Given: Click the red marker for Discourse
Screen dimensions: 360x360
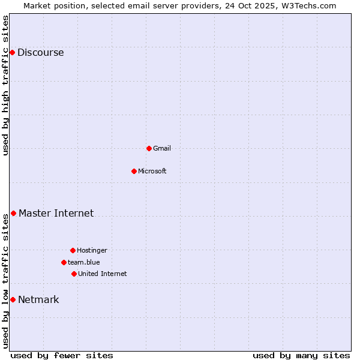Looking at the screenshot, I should pos(12,52).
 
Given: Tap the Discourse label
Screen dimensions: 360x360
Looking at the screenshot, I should pos(40,52).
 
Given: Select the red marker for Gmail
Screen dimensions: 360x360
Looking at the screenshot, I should pos(149,148).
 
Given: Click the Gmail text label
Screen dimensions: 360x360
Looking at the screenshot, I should pos(161,148).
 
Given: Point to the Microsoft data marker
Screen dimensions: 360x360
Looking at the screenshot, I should pos(134,171).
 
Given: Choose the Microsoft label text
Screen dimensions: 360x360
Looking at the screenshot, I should pos(152,171).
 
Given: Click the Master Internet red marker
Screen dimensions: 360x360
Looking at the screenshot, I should pos(13,213).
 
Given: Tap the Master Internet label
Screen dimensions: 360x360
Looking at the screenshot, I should pos(56,213).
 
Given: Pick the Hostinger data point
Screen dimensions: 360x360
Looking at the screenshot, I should pos(73,250).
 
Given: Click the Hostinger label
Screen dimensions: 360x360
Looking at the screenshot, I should pos(92,250).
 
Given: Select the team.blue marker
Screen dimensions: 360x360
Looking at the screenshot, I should pos(64,262).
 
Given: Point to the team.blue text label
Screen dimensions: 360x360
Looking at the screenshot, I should pos(83,262).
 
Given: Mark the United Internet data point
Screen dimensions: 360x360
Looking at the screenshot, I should pos(74,274).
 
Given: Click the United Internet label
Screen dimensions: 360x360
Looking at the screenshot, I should pos(102,274).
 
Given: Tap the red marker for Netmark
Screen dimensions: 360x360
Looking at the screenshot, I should pos(13,299).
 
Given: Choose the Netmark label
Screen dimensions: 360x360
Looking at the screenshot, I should pos(38,299).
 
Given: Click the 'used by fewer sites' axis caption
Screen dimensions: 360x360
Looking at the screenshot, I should pos(62,355).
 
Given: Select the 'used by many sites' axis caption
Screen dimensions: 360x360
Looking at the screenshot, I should pos(301,355).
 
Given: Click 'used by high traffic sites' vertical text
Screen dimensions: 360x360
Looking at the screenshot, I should pos(5,85).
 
